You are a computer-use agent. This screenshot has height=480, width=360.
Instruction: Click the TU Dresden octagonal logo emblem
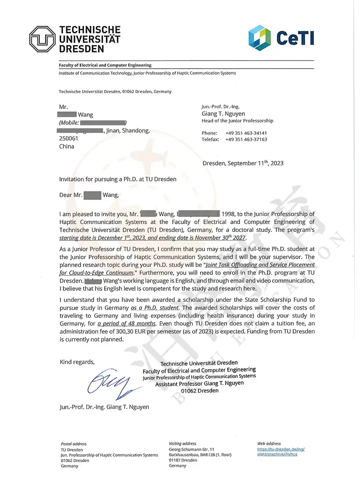42,39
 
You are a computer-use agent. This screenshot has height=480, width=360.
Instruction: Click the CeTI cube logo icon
260,37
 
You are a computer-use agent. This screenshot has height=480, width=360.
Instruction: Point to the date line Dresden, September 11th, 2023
243,163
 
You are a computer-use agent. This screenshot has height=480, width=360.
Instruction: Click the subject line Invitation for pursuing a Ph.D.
118,179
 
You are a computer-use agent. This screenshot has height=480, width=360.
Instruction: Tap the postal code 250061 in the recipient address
67,138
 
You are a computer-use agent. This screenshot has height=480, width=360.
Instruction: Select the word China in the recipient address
66,146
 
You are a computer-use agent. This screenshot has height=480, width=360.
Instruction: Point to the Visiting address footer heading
182,444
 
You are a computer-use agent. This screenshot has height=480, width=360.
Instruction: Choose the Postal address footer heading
73,444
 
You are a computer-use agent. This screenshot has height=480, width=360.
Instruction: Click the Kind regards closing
77,361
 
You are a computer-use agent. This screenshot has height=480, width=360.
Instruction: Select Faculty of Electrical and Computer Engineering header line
105,65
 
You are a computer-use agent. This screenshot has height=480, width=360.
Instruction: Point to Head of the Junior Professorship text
237,121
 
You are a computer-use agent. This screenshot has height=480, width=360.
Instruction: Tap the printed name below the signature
104,407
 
